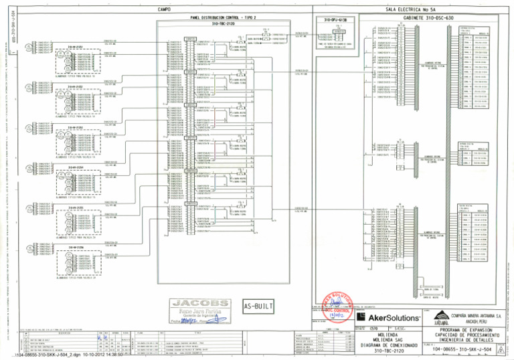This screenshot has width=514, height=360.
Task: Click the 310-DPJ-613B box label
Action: click(333, 21)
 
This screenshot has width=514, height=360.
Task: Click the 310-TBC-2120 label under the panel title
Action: click(221, 23)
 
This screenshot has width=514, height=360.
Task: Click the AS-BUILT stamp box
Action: click(258, 306)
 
